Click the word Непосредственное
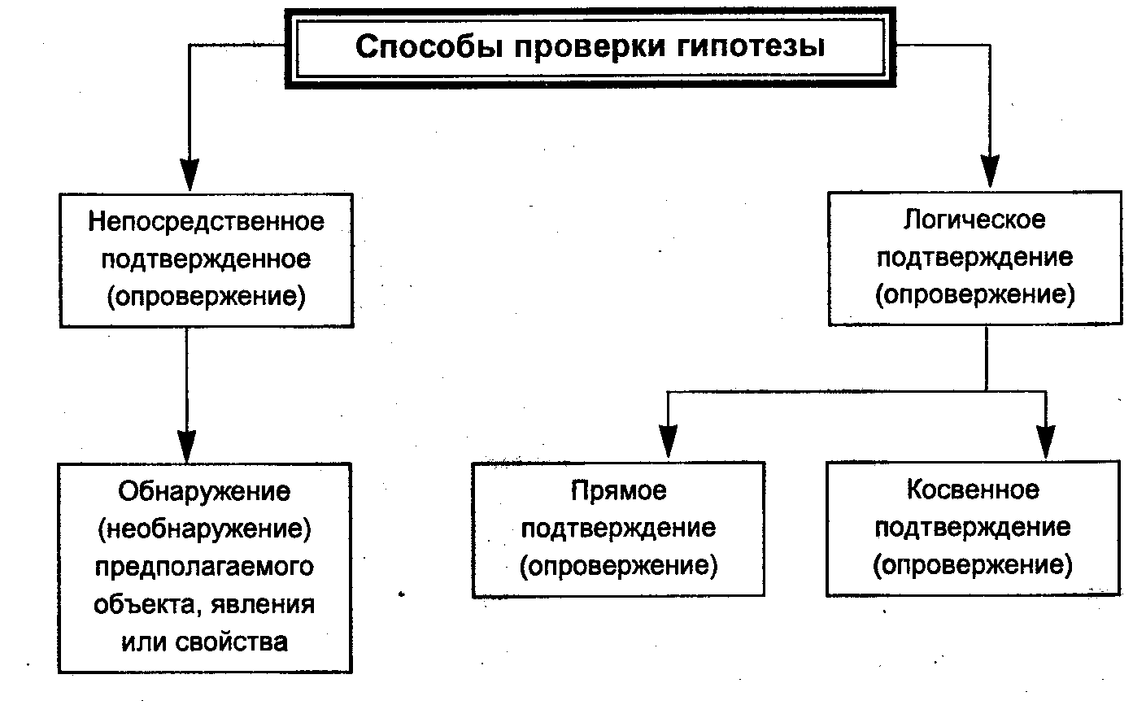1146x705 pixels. point(206,222)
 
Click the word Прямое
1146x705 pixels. point(619,491)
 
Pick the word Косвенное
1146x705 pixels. point(973,490)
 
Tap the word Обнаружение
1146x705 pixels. point(204,492)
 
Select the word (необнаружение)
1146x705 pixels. point(205,529)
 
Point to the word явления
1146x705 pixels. point(263,605)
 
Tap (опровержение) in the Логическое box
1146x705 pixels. point(975,295)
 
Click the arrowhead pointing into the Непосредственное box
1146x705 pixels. point(190,174)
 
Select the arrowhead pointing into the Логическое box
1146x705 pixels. point(991,172)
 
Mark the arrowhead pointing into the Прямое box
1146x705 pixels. point(668,441)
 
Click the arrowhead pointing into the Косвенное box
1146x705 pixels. point(1045,441)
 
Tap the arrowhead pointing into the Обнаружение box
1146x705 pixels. point(187,446)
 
